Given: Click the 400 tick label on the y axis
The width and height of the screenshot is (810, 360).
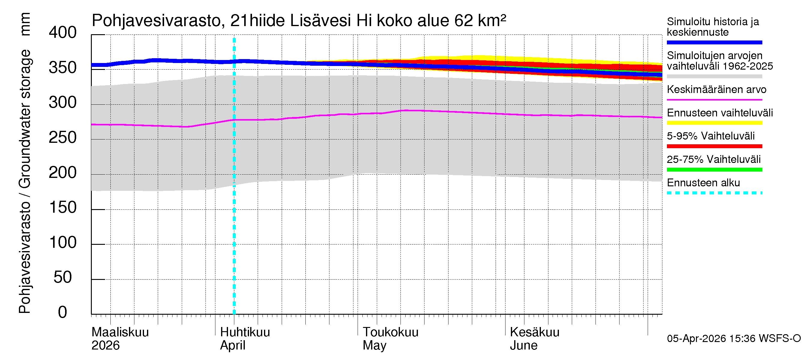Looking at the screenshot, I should click(63, 33).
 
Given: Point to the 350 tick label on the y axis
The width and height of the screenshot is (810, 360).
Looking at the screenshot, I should click(63, 68).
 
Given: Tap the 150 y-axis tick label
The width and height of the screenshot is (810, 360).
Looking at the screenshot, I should click(63, 208).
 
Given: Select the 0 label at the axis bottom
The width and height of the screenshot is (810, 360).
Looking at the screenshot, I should click(63, 313).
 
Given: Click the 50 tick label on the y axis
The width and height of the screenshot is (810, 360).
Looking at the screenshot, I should click(63, 277).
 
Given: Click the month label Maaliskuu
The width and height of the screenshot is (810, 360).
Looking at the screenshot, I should click(120, 332).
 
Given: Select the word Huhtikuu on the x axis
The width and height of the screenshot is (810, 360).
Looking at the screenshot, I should click(244, 332).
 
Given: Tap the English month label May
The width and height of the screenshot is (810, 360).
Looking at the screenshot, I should click(374, 346).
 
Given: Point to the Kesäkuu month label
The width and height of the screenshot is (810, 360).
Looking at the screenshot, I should click(534, 332).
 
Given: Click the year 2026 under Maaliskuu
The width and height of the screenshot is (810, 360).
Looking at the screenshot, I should click(105, 346).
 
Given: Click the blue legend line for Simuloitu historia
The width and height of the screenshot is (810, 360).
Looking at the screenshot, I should click(714, 42).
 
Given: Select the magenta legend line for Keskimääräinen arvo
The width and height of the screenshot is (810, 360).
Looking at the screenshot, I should click(714, 100).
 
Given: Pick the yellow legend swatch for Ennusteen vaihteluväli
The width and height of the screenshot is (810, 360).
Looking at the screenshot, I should click(714, 123).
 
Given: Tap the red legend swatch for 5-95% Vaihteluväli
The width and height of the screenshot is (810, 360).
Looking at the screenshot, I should click(714, 146).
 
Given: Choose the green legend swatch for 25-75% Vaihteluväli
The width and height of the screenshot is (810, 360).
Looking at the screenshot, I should click(714, 170).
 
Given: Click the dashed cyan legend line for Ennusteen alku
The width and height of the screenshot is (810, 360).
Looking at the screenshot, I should click(714, 193).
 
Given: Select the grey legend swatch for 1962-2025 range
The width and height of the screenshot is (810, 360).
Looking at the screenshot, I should click(714, 76).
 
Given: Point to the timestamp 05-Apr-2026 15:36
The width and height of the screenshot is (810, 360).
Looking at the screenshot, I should click(711, 339).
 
